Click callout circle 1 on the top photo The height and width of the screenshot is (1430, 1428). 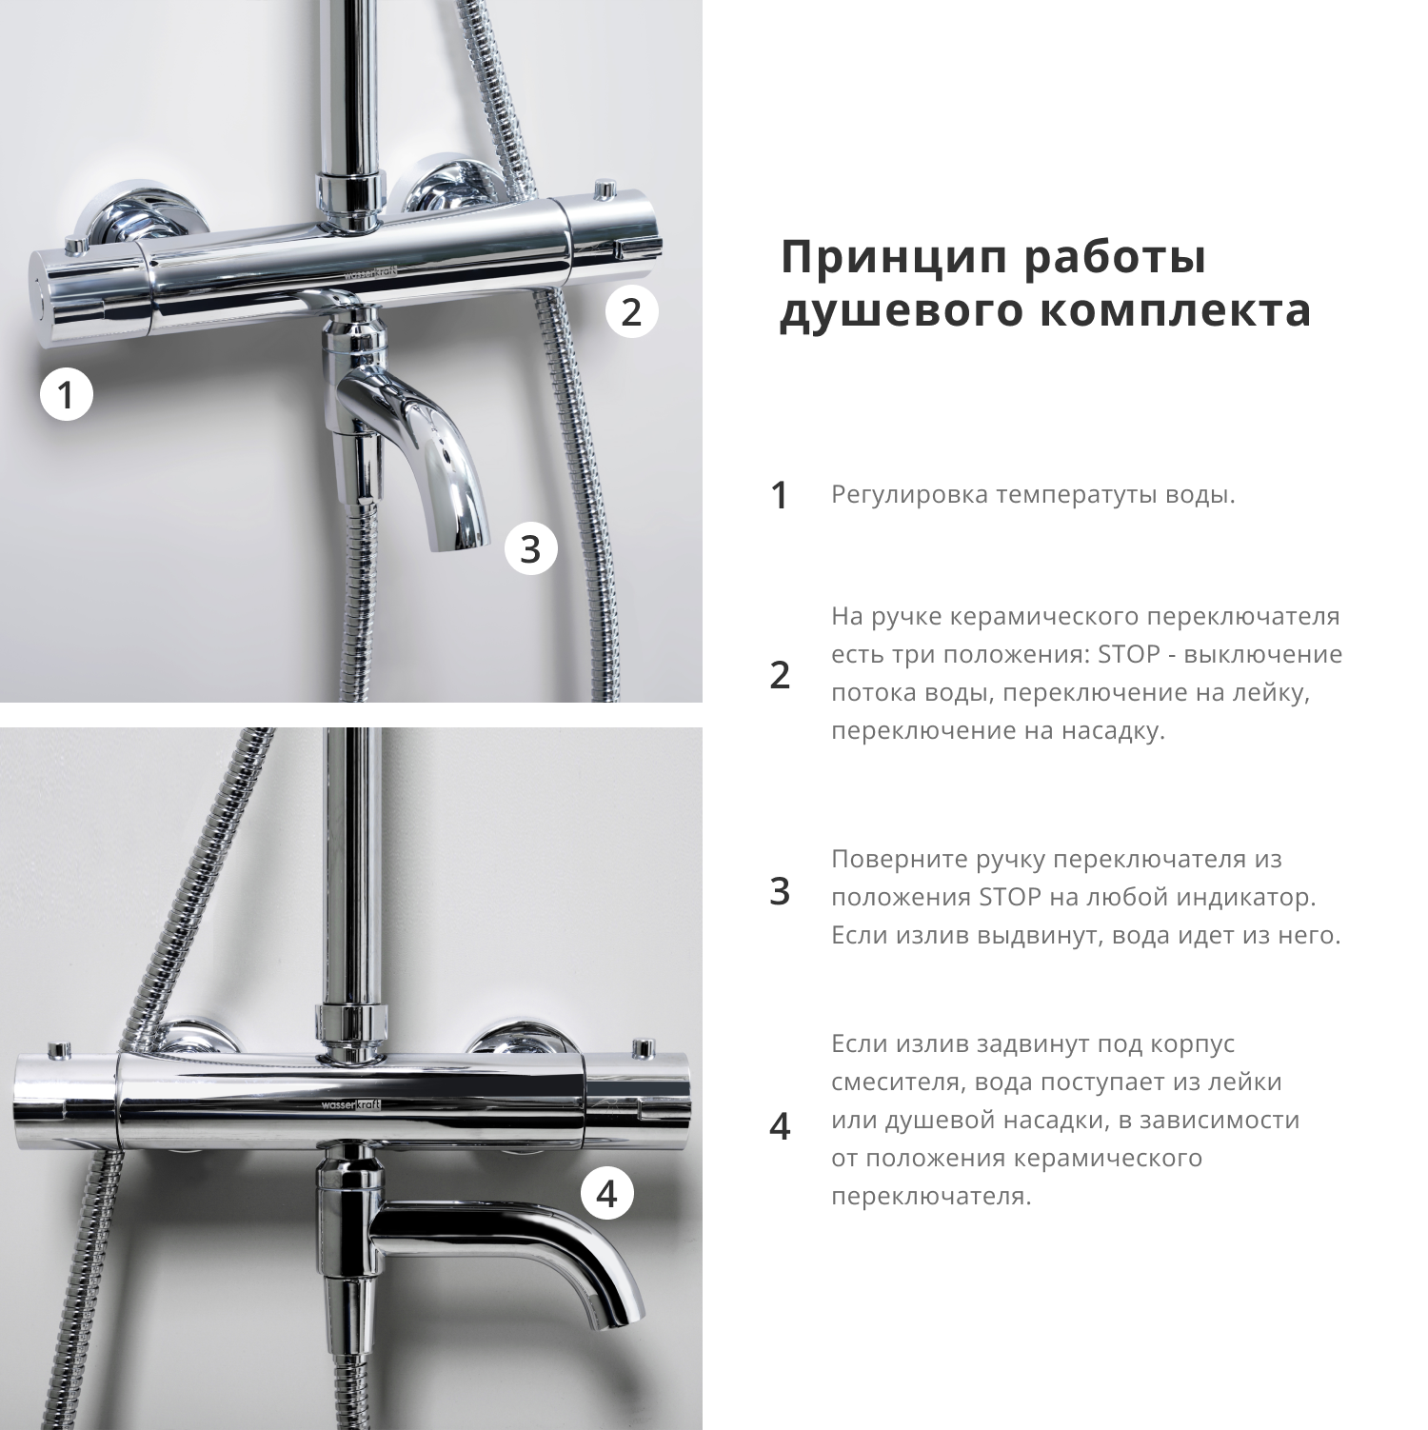[x=66, y=394]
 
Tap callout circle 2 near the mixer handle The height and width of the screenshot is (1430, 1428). [x=632, y=311]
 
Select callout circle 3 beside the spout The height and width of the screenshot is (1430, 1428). [x=530, y=549]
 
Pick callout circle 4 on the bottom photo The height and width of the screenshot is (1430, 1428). [x=607, y=1193]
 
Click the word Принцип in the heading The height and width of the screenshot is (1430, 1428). [x=892, y=258]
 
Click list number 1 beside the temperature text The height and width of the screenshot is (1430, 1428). [x=780, y=495]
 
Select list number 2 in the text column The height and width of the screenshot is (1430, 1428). [x=780, y=674]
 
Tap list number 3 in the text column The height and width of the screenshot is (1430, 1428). [x=780, y=891]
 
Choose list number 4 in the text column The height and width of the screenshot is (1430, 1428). [x=780, y=1126]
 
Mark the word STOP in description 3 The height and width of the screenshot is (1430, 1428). [x=1009, y=898]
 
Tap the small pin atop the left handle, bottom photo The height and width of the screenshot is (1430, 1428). [x=59, y=1049]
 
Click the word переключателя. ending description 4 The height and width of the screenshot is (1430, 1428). [x=931, y=1197]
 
